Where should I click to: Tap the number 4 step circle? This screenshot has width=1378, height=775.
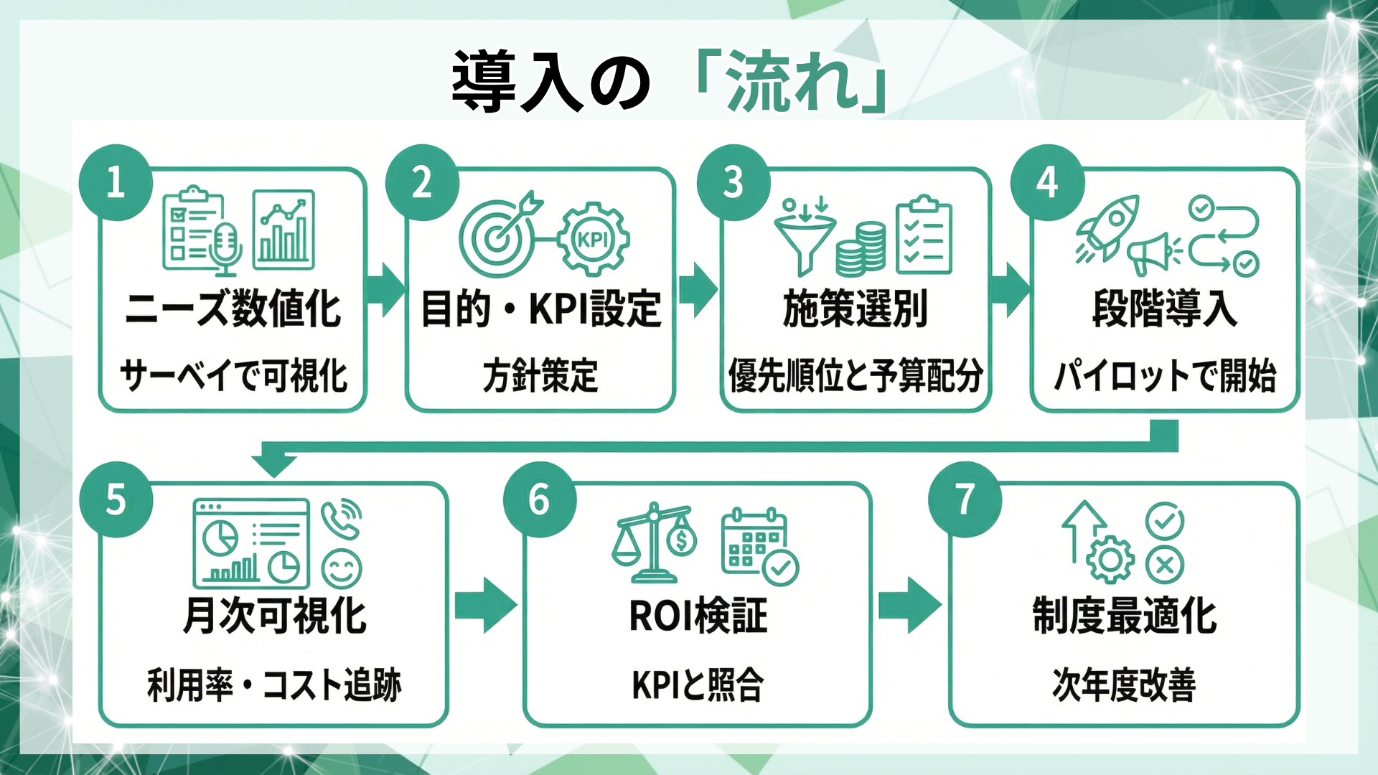coord(1047,182)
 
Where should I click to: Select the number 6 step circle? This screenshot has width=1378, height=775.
coord(540,499)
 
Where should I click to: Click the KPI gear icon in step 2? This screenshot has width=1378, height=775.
coord(594,239)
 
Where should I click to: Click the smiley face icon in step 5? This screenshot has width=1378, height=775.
coord(342,569)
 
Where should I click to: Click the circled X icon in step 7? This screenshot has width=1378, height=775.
coord(1164,565)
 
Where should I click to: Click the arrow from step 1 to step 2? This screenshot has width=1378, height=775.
coord(385,289)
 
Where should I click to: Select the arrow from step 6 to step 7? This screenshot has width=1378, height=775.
coord(909,605)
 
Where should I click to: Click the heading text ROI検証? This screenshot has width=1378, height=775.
coord(698,616)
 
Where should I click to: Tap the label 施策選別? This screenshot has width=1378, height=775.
coord(856,309)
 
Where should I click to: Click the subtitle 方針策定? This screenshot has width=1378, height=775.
coord(540,375)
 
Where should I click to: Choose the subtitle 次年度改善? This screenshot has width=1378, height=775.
coord(1124,685)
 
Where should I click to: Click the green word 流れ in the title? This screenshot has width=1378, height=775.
coord(793,80)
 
